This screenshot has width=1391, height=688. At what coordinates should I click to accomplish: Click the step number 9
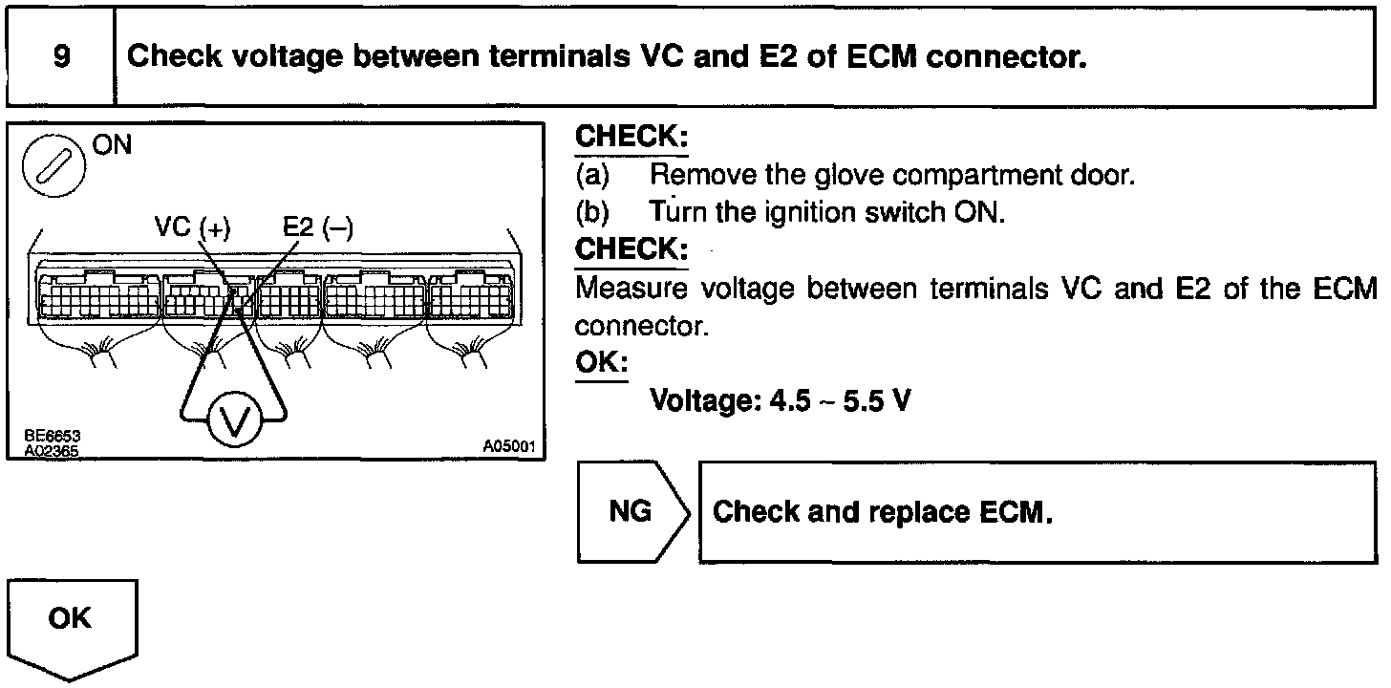pyautogui.click(x=60, y=56)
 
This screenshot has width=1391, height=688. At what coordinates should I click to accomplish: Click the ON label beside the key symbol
pyautogui.click(x=112, y=146)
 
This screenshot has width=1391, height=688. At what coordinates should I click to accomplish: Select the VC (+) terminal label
pyautogui.click(x=192, y=227)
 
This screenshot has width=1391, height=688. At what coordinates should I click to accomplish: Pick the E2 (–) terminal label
pyautogui.click(x=317, y=227)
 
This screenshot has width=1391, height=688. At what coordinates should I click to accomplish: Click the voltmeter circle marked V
pyautogui.click(x=233, y=419)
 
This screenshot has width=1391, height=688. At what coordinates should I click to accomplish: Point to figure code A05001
pyautogui.click(x=508, y=446)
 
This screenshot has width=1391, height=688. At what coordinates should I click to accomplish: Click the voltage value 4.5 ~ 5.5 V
pyautogui.click(x=780, y=399)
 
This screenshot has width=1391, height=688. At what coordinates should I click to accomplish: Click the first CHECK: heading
pyautogui.click(x=631, y=136)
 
